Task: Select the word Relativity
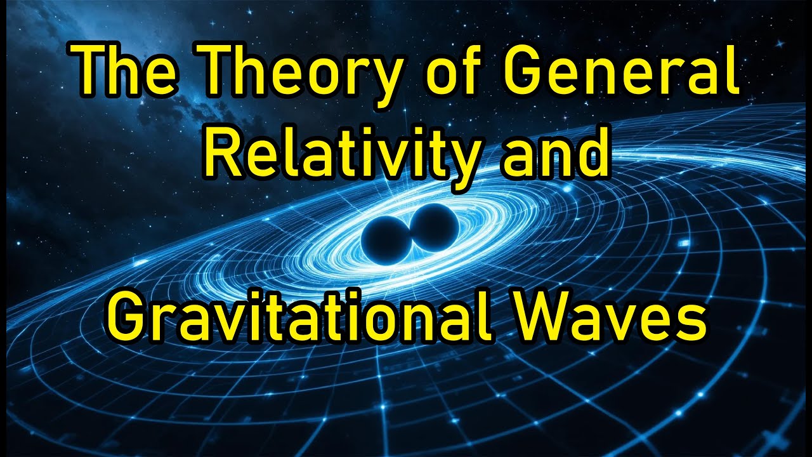[343, 155]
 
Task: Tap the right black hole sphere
[435, 227]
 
